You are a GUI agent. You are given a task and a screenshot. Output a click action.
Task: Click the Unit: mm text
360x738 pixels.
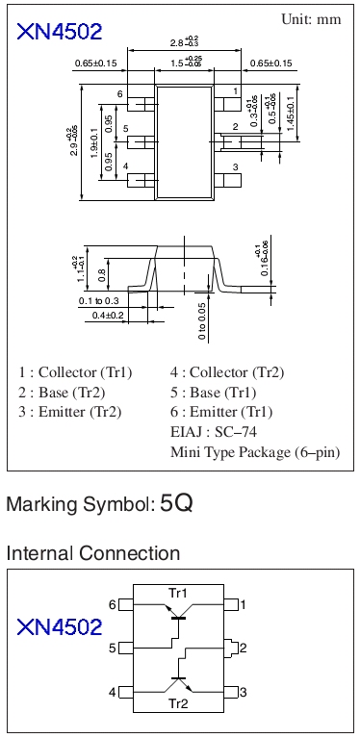pos(311,19)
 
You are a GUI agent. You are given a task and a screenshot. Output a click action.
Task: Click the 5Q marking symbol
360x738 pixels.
pos(176,503)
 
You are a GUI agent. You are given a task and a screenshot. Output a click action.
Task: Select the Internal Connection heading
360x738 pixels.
pos(93,552)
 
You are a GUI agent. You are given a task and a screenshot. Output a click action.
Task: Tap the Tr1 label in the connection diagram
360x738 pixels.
pos(177,592)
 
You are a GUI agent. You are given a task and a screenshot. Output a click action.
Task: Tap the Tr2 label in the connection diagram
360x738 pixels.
pos(178,703)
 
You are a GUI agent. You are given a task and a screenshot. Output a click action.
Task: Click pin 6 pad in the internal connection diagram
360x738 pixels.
pos(126,604)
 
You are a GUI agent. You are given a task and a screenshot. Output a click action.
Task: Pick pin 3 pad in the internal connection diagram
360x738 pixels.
pos(231,693)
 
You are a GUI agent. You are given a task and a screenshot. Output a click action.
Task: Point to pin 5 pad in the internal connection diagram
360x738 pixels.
pos(126,649)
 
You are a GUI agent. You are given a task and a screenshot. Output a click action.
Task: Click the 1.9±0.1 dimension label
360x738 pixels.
pos(94,143)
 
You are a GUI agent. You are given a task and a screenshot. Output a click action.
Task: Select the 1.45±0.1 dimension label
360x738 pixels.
pos(290,114)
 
